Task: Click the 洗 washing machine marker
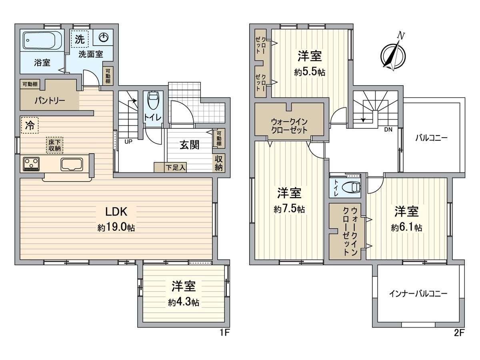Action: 80,39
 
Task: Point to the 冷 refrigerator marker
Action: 30,125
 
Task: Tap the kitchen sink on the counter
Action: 72,164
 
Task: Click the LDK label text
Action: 116,212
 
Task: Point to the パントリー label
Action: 49,100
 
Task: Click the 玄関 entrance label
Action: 189,145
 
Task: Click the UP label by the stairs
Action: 129,141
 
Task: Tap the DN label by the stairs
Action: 388,129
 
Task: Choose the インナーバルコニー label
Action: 418,294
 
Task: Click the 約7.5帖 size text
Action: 289,209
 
